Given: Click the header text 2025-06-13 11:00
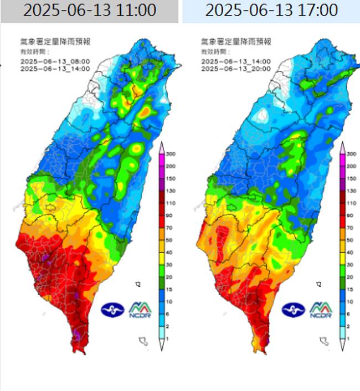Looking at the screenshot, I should point(90,11).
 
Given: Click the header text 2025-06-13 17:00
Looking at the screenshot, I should point(271,11).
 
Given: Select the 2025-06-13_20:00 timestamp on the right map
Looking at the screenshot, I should point(235,69).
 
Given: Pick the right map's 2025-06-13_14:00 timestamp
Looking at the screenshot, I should point(235,61).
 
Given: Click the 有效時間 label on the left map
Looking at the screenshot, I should point(32,51).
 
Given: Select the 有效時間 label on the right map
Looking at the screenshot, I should point(212,51).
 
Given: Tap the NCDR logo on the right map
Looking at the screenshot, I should point(320,310).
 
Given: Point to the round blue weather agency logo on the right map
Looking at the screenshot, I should point(292,310).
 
